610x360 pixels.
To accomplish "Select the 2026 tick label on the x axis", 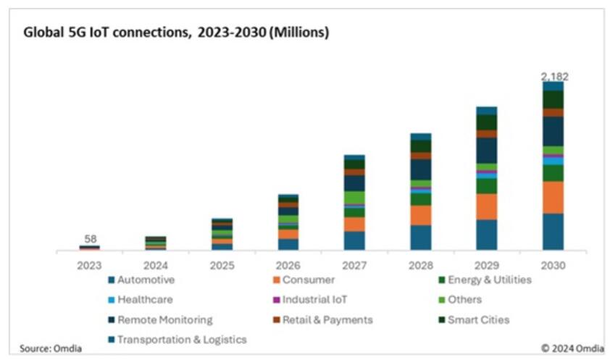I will [288, 265].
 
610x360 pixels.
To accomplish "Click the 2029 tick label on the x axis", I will [486, 265].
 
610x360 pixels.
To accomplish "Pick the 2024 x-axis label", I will [156, 265].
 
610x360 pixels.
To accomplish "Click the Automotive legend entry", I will [146, 280].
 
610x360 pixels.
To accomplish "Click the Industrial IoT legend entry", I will [312, 299].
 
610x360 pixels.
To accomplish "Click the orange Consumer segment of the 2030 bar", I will [553, 197].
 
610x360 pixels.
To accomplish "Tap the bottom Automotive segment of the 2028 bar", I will [420, 238].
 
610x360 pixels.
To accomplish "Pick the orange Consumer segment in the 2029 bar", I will [486, 206].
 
